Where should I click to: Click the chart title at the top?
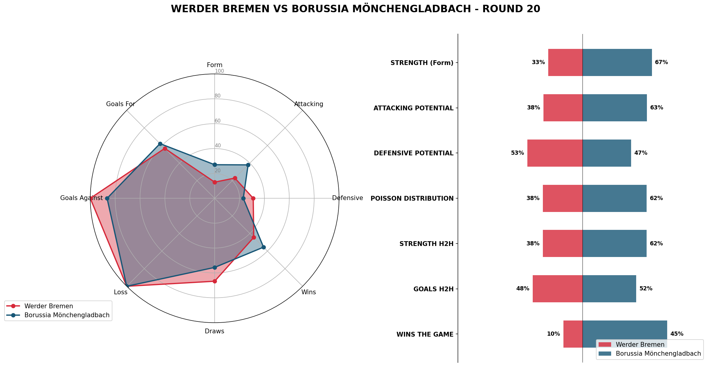coord(355,9)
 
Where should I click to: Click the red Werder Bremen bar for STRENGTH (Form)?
coord(565,62)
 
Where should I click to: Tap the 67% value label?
coord(661,62)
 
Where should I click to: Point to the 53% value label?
coord(517,153)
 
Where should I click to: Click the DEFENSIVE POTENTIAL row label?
coord(413,153)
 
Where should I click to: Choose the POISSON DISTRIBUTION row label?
coord(412,199)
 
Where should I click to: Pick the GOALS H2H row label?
coord(433,289)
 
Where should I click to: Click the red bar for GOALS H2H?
coord(557,289)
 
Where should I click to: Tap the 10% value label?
coord(553,334)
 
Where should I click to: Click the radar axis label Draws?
coord(214,331)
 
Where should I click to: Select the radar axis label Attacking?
coord(309,104)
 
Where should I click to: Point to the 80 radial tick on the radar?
coord(218,96)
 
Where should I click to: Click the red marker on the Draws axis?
coord(214,281)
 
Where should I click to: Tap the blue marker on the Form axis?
coord(214,165)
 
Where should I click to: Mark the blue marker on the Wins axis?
coord(264,247)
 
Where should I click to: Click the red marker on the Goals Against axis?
coord(91,198)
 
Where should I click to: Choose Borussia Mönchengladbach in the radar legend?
coord(67,315)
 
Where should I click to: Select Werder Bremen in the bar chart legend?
coord(640,345)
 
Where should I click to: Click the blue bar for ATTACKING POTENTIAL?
coord(614,108)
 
